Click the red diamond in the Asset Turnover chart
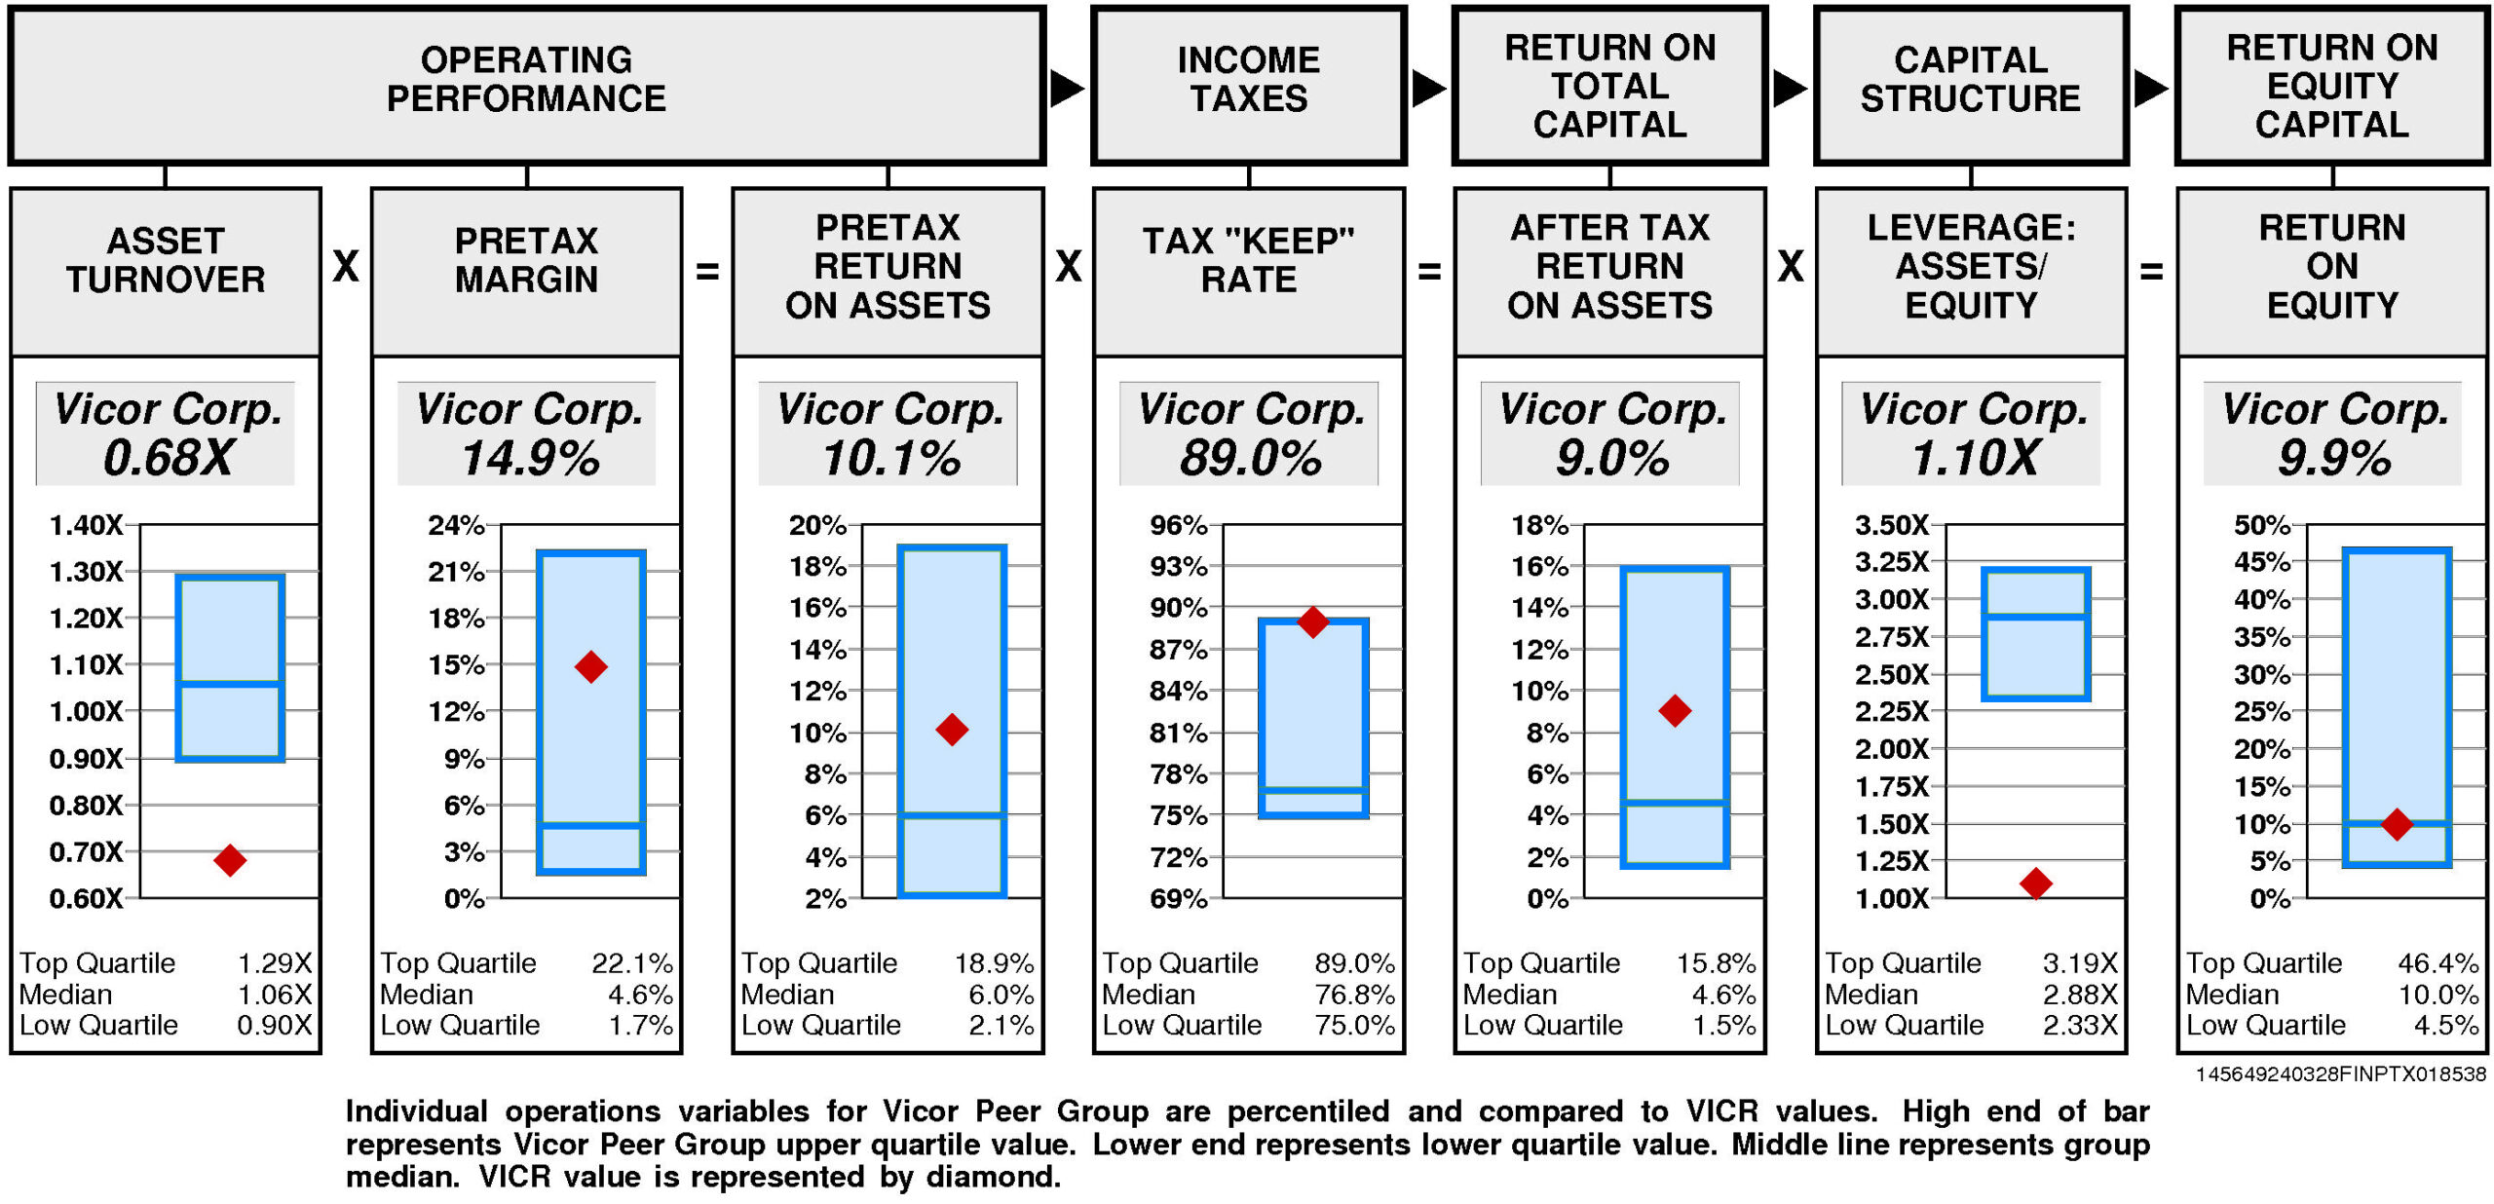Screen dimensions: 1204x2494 [x=230, y=860]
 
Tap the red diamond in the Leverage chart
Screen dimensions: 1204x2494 [x=2035, y=884]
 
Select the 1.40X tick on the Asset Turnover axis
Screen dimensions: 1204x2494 [x=87, y=525]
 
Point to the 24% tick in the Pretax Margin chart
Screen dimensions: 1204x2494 [x=456, y=525]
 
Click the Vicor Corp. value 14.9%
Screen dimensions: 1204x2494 [x=531, y=458]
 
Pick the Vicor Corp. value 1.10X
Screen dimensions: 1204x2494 [x=1975, y=458]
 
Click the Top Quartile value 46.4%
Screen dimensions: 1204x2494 [x=2437, y=963]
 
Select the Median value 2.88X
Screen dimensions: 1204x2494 [x=2080, y=995]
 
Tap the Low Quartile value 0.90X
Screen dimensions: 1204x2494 [x=275, y=1025]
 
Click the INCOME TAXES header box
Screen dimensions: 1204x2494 [x=1248, y=86]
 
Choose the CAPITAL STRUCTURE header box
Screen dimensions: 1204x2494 [x=1970, y=86]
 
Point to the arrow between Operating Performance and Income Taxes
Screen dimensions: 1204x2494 [x=1067, y=89]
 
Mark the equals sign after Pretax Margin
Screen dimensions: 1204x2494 [x=707, y=272]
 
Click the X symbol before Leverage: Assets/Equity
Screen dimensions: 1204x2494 [x=1791, y=267]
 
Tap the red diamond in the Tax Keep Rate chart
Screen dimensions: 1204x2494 [x=1313, y=621]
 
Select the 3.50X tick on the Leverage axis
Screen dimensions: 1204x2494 [x=1891, y=525]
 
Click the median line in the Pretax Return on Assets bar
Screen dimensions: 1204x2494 [x=952, y=815]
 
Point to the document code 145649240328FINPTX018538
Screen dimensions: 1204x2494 [x=2340, y=1073]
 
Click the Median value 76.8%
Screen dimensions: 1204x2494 [x=1354, y=995]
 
